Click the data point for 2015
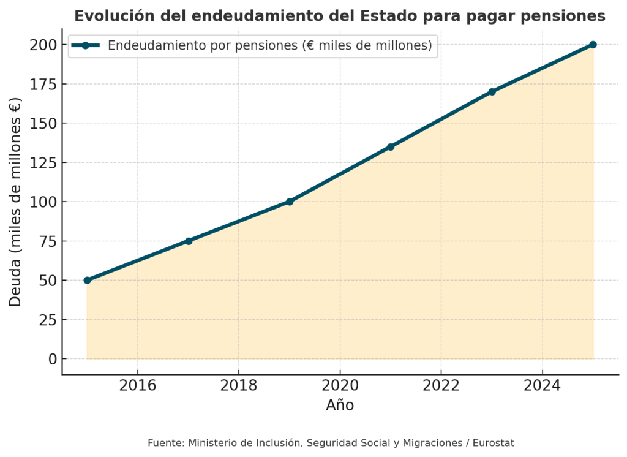(87, 280)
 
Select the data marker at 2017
(189, 241)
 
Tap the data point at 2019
(290, 202)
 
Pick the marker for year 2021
(391, 147)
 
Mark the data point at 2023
(492, 92)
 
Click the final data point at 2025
(593, 45)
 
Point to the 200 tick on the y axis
(43, 45)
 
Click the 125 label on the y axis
(43, 163)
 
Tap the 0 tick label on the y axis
(53, 359)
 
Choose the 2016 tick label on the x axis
(138, 385)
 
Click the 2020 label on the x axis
(340, 385)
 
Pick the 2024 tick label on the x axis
(542, 385)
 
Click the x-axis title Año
(340, 405)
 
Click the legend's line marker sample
(86, 45)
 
